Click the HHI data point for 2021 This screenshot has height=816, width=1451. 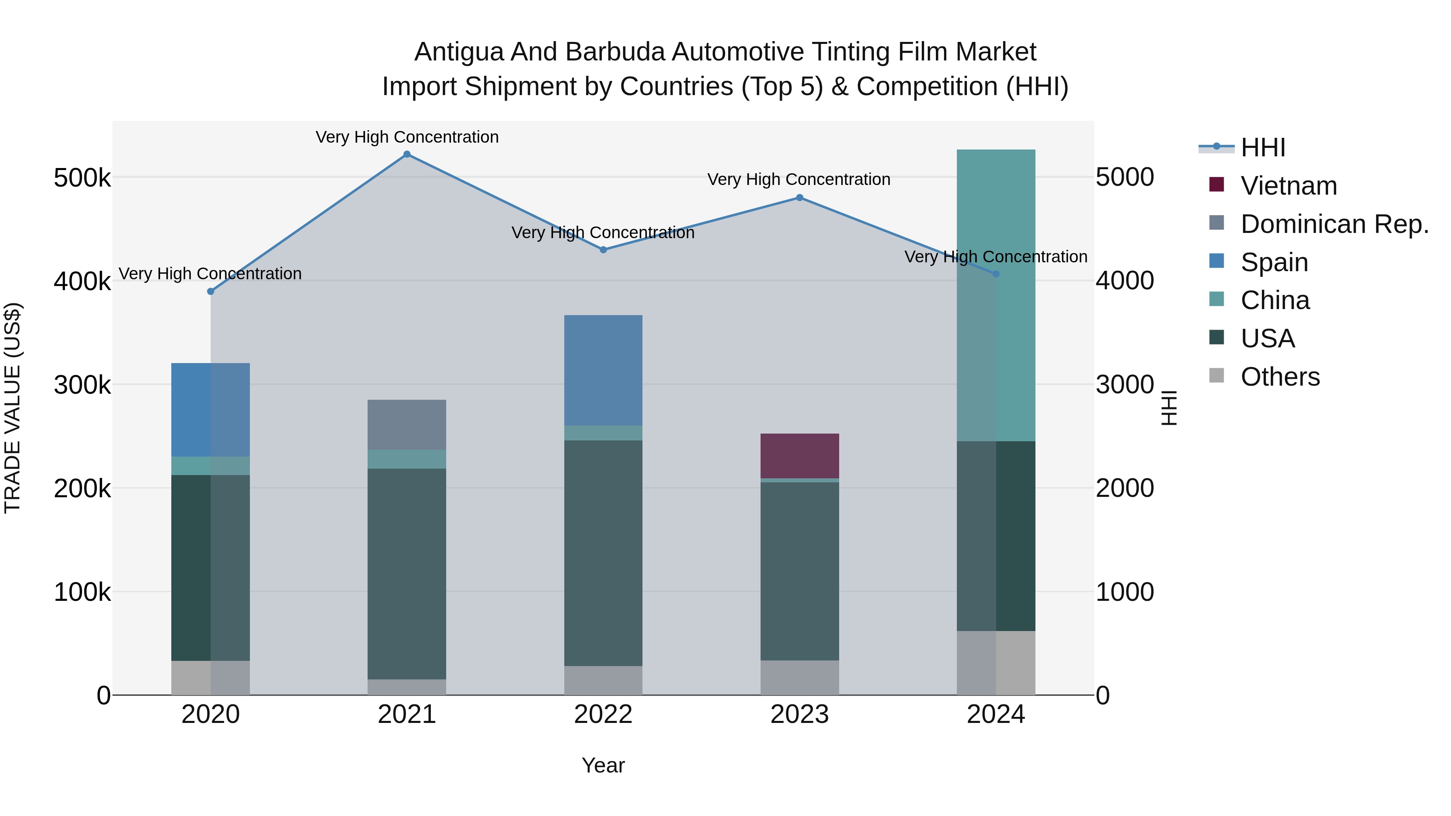pyautogui.click(x=407, y=154)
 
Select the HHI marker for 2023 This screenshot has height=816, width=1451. pyautogui.click(x=799, y=198)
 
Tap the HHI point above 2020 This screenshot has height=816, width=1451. pyautogui.click(x=211, y=291)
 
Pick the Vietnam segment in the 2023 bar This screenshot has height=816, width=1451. pyautogui.click(x=799, y=456)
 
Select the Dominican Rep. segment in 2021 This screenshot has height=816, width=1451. pyautogui.click(x=407, y=425)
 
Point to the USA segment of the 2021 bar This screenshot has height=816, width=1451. pyautogui.click(x=407, y=573)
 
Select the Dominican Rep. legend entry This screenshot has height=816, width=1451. pyautogui.click(x=1334, y=224)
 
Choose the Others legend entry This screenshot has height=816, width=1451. pyautogui.click(x=1279, y=377)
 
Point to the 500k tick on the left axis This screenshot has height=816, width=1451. pyautogui.click(x=82, y=178)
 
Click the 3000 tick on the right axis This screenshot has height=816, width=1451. pyautogui.click(x=1124, y=385)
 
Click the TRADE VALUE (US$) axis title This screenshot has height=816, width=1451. pyautogui.click(x=12, y=408)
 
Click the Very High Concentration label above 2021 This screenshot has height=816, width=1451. pyautogui.click(x=407, y=137)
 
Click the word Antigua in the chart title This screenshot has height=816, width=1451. pyautogui.click(x=459, y=52)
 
